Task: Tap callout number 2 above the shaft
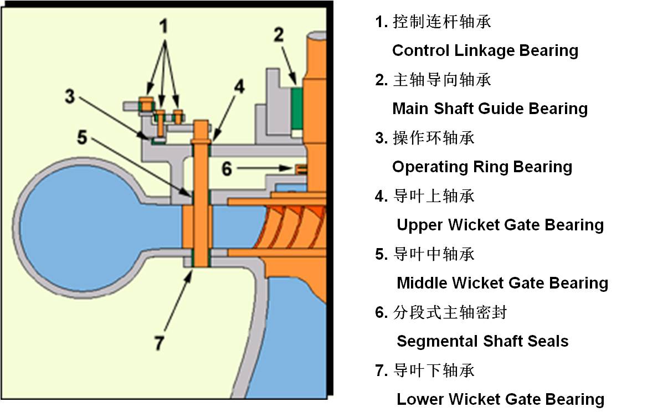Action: (279, 35)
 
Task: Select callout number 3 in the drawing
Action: (69, 96)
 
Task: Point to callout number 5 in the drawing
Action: (82, 137)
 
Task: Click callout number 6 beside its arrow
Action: (227, 168)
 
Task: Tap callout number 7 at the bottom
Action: (160, 343)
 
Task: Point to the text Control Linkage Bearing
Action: (485, 50)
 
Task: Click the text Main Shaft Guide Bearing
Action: (490, 109)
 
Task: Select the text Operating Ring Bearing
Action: (482, 167)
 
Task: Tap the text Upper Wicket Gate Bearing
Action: (500, 225)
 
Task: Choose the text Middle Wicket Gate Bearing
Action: (502, 283)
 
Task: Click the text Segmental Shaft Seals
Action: (482, 341)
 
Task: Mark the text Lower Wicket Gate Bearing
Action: (500, 399)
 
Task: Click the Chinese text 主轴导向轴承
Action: (441, 80)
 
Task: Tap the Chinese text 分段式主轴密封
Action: (449, 312)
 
